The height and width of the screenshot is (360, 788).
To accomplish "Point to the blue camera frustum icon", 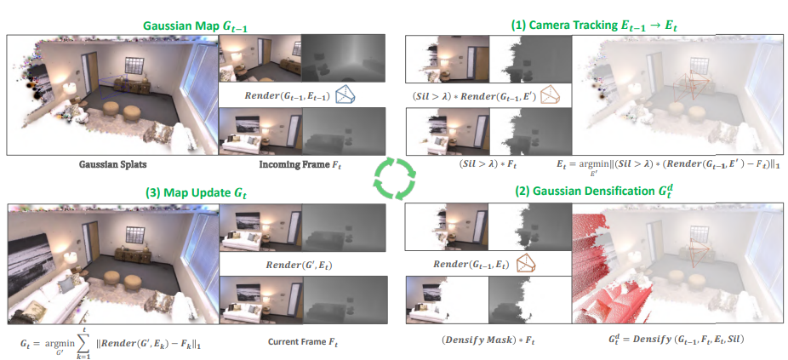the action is pos(345,94).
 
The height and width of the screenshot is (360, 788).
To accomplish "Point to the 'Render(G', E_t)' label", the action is pos(300,266).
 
